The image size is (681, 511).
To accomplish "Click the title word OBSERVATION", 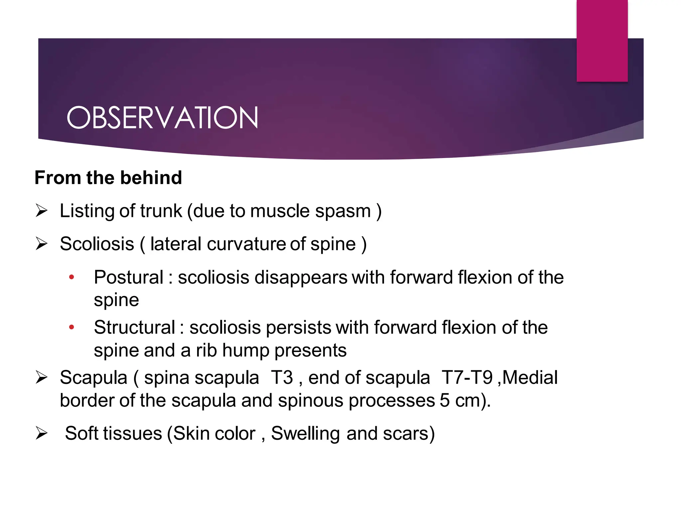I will [x=162, y=118].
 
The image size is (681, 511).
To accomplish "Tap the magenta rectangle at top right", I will [x=602, y=41].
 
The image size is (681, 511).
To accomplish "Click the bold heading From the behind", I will [x=108, y=178].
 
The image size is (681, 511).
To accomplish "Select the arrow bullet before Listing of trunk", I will [x=42, y=211].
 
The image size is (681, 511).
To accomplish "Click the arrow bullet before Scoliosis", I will [x=42, y=244].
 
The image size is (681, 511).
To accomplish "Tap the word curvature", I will [x=246, y=244].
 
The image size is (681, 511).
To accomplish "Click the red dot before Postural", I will [x=71, y=277].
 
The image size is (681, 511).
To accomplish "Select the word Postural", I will [x=129, y=277].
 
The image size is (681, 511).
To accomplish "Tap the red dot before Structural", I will [x=71, y=327].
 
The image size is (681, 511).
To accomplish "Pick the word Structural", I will [x=134, y=328].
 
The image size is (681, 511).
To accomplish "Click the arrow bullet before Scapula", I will [x=42, y=378].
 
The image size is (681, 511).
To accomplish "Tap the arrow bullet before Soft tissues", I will [x=42, y=433].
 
